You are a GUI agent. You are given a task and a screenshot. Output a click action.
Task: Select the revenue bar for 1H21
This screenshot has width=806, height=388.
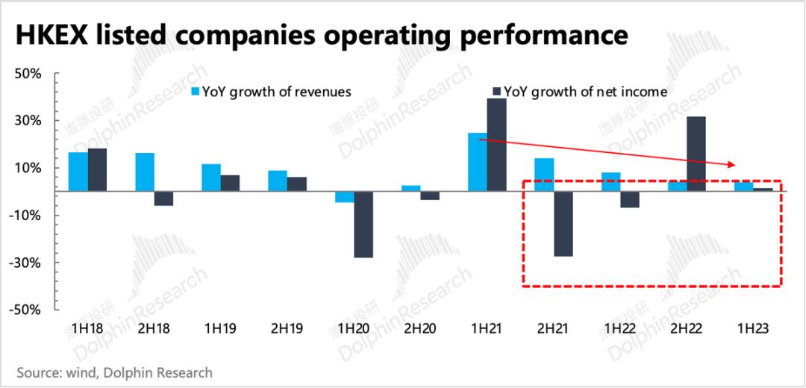click(478, 162)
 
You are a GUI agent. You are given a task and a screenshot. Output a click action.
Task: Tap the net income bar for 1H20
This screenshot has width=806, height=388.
click(363, 225)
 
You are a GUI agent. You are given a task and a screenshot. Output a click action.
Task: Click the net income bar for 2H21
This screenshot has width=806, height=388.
click(563, 224)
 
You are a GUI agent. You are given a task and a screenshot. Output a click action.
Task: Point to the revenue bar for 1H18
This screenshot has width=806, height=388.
click(78, 172)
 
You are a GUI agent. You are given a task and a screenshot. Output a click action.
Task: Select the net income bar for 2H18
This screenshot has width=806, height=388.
click(163, 198)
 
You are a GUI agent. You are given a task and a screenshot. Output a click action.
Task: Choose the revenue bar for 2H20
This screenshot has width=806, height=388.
click(411, 188)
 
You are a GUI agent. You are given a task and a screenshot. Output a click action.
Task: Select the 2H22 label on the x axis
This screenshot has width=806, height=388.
click(687, 328)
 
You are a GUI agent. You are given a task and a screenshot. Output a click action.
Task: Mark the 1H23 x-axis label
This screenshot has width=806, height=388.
click(753, 328)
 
